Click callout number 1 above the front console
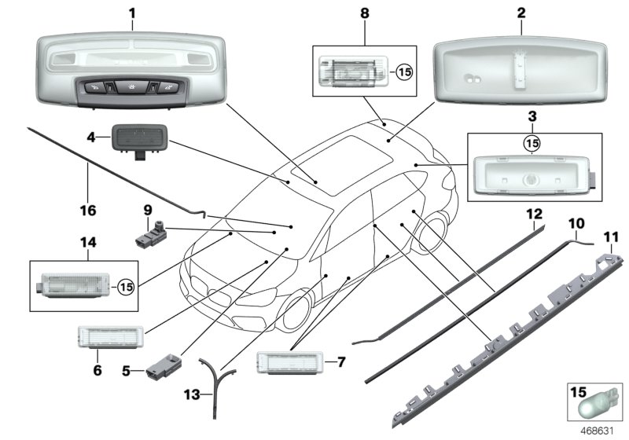click(x=132, y=13)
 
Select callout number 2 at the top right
click(x=521, y=13)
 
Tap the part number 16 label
click(x=87, y=211)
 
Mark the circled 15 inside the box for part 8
click(x=403, y=74)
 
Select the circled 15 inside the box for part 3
click(x=532, y=144)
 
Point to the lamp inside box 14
click(x=69, y=284)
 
